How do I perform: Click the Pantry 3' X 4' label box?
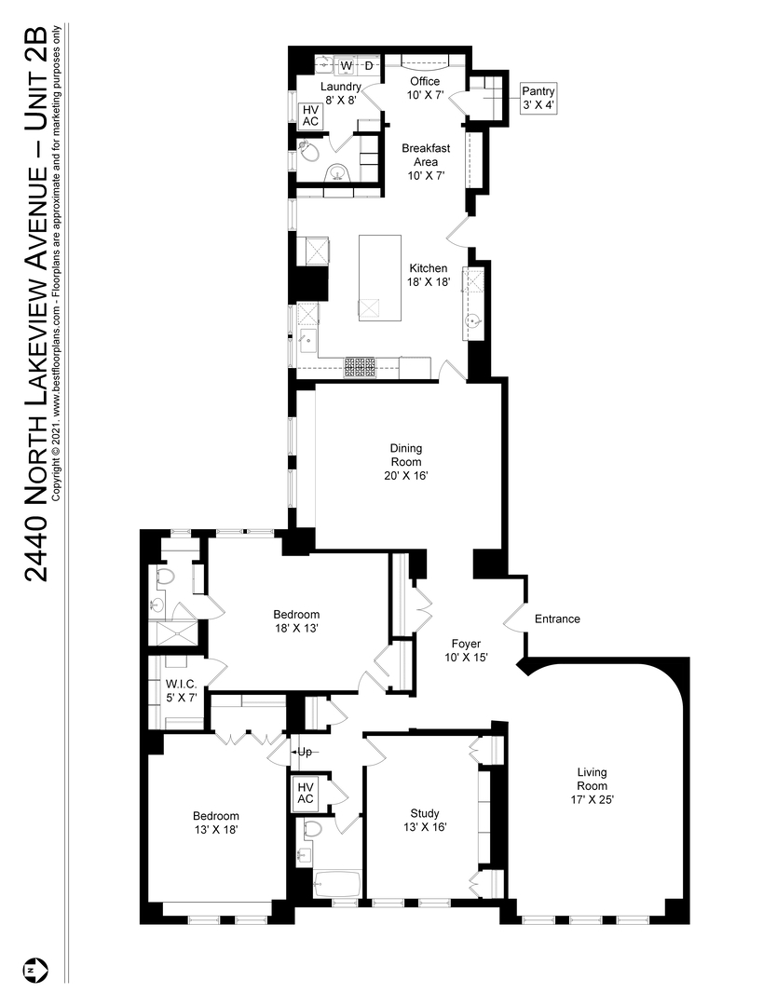click(538, 98)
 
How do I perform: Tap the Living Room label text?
click(592, 785)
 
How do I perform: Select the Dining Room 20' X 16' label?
click(405, 462)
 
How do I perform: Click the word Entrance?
click(557, 619)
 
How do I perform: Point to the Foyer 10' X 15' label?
click(466, 650)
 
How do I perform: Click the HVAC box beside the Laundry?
click(310, 116)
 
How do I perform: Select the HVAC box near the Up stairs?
click(306, 794)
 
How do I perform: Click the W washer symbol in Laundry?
click(346, 66)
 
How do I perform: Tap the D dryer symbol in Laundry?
click(368, 66)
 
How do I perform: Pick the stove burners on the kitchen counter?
click(361, 368)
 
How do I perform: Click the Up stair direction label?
click(304, 752)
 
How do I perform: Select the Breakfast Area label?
click(426, 161)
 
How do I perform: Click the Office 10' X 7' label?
click(425, 88)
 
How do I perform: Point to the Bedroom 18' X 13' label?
click(296, 621)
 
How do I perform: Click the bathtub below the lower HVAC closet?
click(334, 884)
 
